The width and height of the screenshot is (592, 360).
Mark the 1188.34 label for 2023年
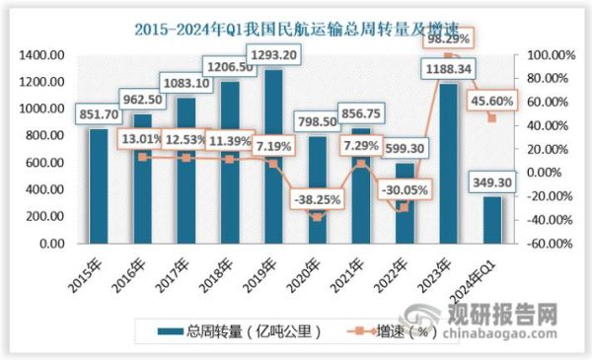[x=452, y=71]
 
